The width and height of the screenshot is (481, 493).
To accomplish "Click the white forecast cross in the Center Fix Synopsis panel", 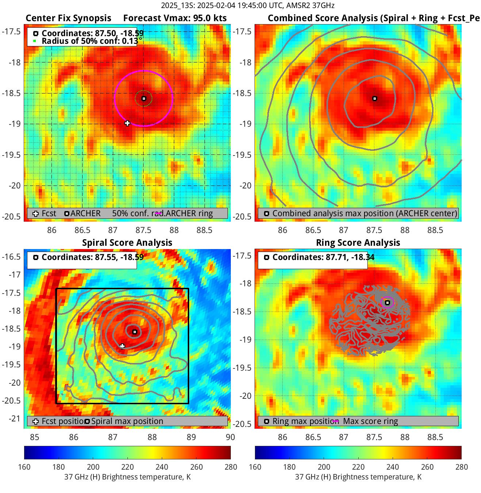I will [127, 123].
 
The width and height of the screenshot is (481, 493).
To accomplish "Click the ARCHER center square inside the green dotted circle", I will [144, 99].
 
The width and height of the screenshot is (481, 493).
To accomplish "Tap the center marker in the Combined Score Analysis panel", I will [375, 99].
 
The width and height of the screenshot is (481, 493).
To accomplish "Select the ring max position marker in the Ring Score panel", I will [388, 302].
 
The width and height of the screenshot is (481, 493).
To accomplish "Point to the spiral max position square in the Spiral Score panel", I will [135, 332].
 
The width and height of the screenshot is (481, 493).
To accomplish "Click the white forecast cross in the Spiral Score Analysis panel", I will [122, 346].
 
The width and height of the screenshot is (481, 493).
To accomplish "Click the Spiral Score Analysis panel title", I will [127, 243].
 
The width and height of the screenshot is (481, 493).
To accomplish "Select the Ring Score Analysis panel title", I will [358, 243].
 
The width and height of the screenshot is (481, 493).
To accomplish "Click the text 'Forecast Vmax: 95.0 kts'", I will [175, 18].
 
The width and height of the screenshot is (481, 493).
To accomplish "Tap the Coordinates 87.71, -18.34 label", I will [323, 257].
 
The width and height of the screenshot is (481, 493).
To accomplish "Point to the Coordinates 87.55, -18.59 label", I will [92, 257].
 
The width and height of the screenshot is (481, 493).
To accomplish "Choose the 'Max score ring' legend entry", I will [370, 421].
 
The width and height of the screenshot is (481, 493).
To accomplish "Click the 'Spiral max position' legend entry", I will [127, 421].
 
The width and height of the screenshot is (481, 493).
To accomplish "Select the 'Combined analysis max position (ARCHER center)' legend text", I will [364, 213].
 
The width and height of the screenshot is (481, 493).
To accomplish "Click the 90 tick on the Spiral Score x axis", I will [230, 437].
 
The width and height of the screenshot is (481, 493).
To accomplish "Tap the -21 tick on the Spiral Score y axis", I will [15, 419].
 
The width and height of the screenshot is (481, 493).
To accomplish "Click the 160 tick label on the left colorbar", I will [24, 467].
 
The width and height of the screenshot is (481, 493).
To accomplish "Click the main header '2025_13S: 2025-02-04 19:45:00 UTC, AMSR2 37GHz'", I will [248, 5].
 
